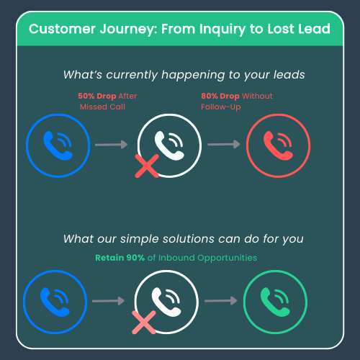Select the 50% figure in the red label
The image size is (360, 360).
[x=86, y=96]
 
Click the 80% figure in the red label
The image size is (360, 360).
[x=210, y=96]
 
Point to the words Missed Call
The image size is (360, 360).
[x=102, y=107]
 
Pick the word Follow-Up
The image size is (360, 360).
[x=221, y=107]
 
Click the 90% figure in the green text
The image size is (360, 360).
[x=135, y=258]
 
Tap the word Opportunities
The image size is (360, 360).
[x=227, y=258]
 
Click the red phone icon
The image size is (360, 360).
[x=278, y=145]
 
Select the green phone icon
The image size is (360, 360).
[x=275, y=302]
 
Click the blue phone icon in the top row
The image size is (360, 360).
[x=58, y=145]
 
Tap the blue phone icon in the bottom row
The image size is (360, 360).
[x=55, y=302]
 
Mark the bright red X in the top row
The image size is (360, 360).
[x=147, y=166]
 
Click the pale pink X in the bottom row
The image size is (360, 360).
[x=144, y=323]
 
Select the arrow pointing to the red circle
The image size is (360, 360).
[x=224, y=144]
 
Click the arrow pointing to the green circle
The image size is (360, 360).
[x=221, y=301]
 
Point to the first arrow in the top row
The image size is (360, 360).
[x=112, y=145]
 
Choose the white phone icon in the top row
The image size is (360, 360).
[x=169, y=145]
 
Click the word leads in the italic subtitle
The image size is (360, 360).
[x=289, y=75]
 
